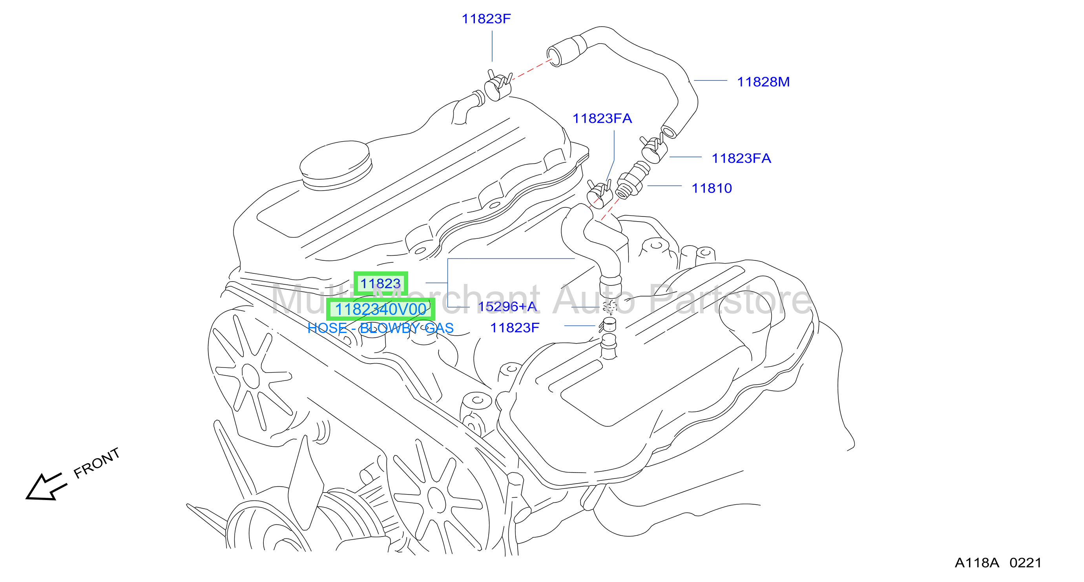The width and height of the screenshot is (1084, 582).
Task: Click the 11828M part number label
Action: pos(763,82)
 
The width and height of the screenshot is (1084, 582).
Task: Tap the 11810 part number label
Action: pos(712,188)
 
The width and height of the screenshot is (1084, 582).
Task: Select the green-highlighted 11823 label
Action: pos(380,284)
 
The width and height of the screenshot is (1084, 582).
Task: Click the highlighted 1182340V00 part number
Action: pos(380,309)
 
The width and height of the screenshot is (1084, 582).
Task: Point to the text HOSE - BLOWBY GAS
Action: pos(380,328)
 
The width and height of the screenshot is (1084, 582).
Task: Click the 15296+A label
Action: pos(507,307)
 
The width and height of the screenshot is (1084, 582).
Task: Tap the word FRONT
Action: pos(97,463)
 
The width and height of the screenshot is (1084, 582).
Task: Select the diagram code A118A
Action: pos(977,563)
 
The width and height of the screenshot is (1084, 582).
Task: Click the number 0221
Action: pos(1026,563)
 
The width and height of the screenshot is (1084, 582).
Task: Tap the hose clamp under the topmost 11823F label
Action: pos(498,85)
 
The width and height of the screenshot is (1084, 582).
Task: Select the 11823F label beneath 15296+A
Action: pos(515,327)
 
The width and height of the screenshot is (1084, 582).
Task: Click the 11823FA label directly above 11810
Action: pos(741,158)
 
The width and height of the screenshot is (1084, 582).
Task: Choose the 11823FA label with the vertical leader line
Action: pos(602,118)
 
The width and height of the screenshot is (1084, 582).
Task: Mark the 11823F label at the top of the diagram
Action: pos(486,19)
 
